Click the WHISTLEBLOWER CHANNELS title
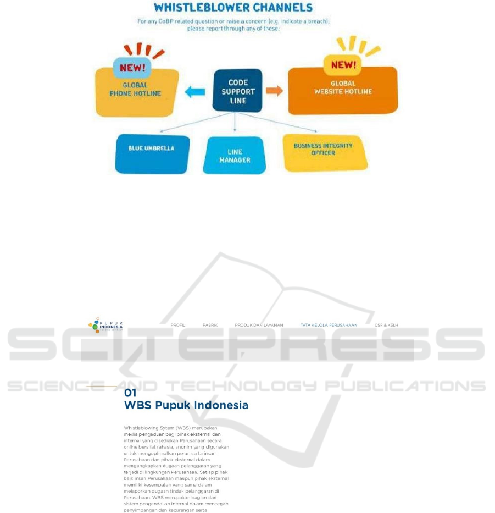click(233, 8)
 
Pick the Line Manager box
click(235, 156)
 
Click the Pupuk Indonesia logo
click(106, 326)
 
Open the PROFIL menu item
click(178, 326)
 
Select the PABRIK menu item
click(210, 326)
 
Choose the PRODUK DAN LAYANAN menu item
click(259, 326)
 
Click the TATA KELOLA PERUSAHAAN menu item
click(329, 326)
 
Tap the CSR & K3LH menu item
click(386, 326)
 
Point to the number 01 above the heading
click(130, 393)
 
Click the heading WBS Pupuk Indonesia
click(186, 406)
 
